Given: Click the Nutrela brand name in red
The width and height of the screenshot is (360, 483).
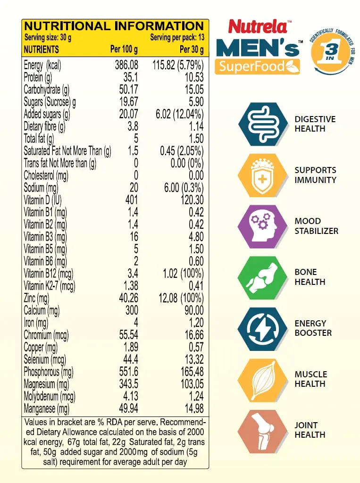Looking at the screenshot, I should [x=258, y=27].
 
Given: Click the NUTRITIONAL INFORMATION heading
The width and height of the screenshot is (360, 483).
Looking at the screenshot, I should [x=114, y=25].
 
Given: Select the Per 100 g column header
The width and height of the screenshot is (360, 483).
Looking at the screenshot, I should [x=124, y=50].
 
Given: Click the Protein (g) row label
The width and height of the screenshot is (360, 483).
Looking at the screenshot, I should [x=41, y=77].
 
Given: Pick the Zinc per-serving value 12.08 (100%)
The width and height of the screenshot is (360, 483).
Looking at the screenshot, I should [x=178, y=298].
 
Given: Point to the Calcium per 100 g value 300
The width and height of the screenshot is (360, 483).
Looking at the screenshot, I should [x=132, y=310].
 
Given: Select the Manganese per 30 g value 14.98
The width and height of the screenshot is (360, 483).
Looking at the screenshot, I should [x=192, y=408].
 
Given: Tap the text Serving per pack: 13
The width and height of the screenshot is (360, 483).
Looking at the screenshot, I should [x=177, y=37].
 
